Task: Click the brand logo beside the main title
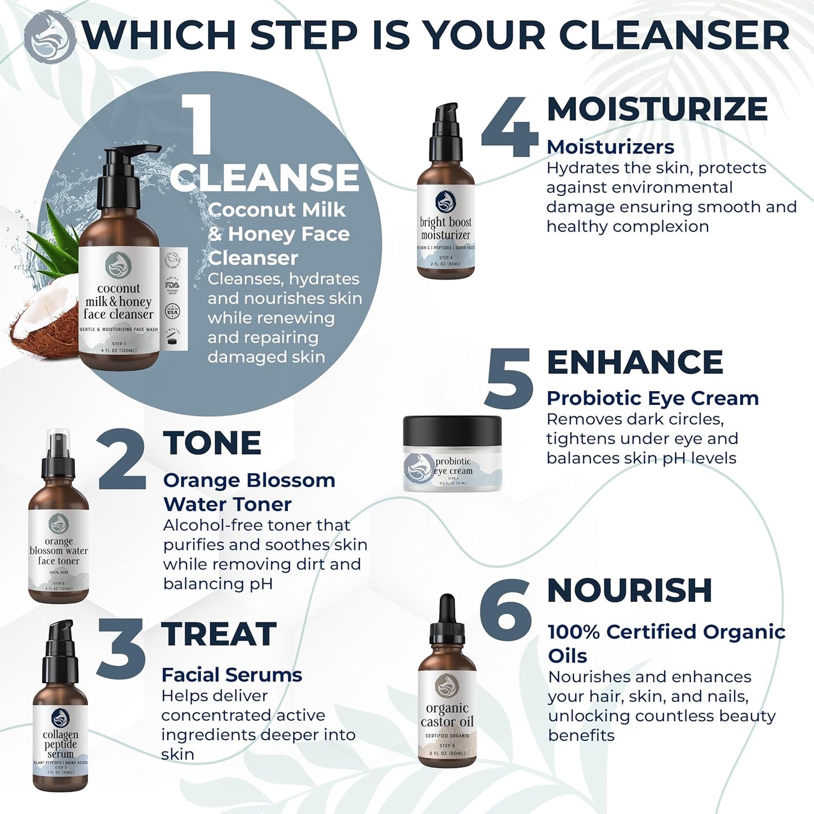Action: (50, 34)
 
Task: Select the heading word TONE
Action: (212, 443)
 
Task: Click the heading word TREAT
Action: (219, 634)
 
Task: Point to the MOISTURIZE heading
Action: (657, 109)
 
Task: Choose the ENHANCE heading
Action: (635, 362)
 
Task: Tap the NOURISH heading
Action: (629, 591)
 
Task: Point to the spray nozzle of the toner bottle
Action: (58, 453)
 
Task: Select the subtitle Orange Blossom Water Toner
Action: (249, 492)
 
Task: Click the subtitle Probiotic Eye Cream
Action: (652, 398)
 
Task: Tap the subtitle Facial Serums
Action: (232, 674)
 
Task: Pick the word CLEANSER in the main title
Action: (674, 35)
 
